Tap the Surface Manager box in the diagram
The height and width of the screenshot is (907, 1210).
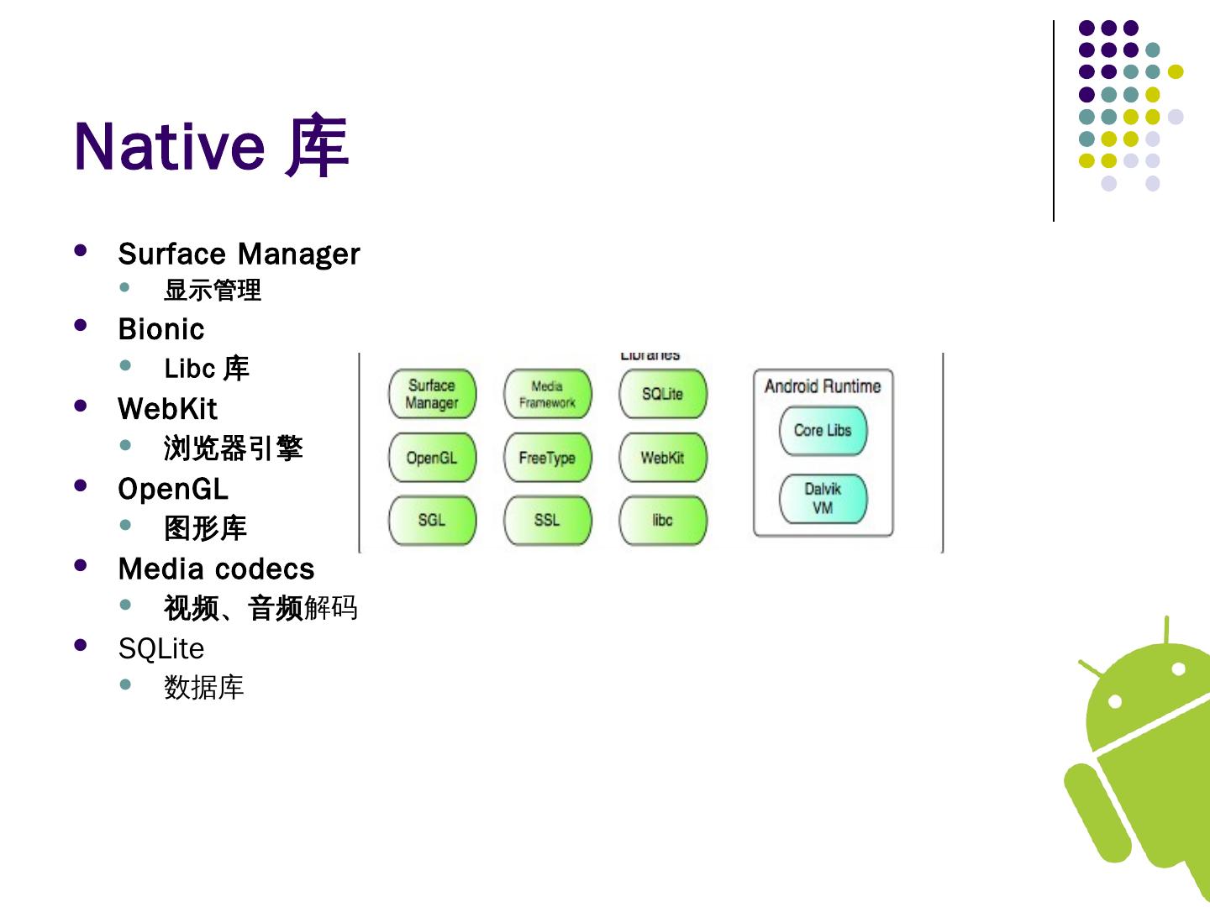432,394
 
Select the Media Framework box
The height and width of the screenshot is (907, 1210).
547,394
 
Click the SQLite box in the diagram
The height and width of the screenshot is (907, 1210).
662,394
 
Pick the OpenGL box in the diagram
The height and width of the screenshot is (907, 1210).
432,458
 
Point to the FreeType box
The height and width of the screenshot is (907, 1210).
547,458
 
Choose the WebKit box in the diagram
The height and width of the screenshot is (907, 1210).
662,458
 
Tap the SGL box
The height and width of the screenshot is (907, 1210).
432,520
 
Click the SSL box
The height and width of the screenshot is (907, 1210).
547,520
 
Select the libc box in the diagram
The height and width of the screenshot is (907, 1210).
662,520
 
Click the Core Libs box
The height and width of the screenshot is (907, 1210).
823,430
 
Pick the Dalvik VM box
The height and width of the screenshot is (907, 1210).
823,498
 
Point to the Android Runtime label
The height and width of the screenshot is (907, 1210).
823,386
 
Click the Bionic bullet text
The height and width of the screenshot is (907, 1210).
161,329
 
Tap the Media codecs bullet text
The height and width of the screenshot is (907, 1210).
217,569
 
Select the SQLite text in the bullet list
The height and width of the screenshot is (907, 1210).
161,648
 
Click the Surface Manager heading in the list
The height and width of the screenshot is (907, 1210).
239,254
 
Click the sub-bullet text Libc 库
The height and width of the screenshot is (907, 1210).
207,368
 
